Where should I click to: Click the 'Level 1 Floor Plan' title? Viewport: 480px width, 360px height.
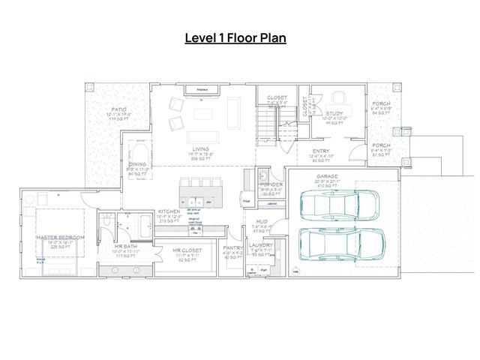click(x=236, y=37)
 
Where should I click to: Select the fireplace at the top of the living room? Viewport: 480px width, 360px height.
click(x=202, y=90)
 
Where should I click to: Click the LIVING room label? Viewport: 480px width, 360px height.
click(x=199, y=149)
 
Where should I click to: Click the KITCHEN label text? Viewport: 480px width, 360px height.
click(x=169, y=212)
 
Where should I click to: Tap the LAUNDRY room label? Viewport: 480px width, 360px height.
click(x=261, y=245)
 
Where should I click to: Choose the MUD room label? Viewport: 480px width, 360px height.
click(x=261, y=222)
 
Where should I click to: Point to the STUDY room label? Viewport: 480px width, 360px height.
click(x=334, y=113)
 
